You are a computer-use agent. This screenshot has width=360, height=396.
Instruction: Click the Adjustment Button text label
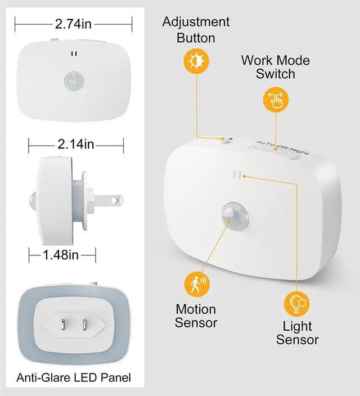coord(196,30)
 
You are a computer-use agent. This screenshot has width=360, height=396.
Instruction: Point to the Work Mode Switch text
coord(276,67)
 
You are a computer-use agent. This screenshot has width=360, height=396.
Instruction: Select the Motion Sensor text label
coord(196,316)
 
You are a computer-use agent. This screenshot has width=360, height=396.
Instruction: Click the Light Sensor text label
coord(297,333)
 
